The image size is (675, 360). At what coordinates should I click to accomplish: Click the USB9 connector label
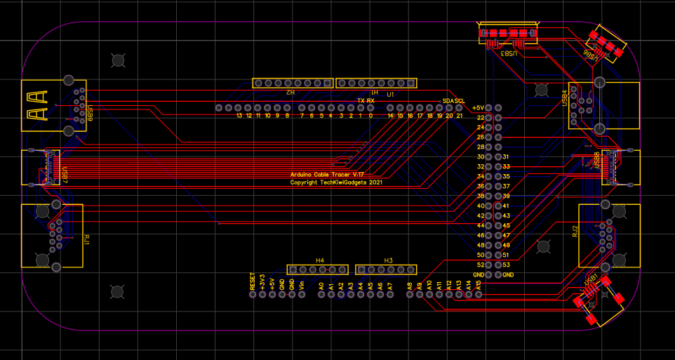(91, 112)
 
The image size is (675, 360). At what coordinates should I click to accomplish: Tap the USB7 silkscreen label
(65, 175)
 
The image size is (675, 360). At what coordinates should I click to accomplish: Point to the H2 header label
(290, 93)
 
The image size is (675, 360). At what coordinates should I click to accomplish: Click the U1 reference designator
(390, 93)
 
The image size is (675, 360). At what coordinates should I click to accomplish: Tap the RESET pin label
(253, 281)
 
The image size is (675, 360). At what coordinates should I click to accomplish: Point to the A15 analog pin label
(479, 285)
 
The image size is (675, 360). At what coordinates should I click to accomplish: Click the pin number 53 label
(507, 265)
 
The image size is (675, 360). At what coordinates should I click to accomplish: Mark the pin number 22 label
(481, 117)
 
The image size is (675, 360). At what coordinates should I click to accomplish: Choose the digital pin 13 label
(239, 116)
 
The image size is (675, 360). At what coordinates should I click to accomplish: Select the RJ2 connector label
(575, 231)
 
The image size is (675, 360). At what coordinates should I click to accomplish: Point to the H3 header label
(389, 260)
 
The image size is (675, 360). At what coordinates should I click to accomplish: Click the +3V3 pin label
(262, 283)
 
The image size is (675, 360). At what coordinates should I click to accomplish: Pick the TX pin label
(361, 101)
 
